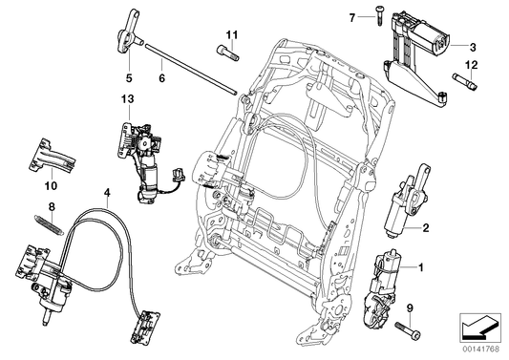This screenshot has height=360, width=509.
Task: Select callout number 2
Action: coord(426,226)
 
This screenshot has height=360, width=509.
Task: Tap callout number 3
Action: coord(472,46)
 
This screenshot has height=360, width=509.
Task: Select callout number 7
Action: coord(350,17)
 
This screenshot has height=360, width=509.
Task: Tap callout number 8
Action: coord(53,206)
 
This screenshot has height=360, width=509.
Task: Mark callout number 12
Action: coord(470,64)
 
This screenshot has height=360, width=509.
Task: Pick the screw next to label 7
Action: coord(368,16)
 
